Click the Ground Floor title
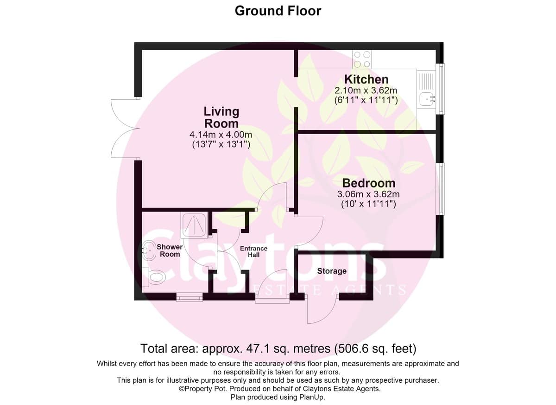click(278, 11)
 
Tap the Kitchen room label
click(366, 79)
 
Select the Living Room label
click(221, 117)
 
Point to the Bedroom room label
click(369, 183)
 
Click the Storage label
click(332, 271)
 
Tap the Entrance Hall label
click(253, 251)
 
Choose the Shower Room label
click(170, 251)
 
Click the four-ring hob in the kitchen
click(362, 59)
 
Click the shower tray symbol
click(195, 225)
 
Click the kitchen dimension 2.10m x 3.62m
click(366, 90)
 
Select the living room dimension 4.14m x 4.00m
click(221, 135)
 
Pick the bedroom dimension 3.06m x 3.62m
click(368, 194)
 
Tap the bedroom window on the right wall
click(441, 189)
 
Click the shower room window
click(190, 297)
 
